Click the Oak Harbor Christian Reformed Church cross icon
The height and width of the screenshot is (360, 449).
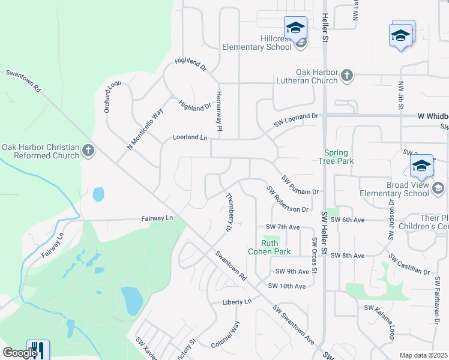(x=88, y=150)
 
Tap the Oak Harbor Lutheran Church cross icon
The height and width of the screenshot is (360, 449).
(x=347, y=75)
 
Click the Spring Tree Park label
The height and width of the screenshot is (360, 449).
(x=339, y=157)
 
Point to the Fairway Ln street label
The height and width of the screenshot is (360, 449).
(x=157, y=219)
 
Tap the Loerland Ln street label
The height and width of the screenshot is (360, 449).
(x=190, y=137)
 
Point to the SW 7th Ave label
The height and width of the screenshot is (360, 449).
(x=282, y=227)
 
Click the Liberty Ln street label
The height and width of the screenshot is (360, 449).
(x=237, y=302)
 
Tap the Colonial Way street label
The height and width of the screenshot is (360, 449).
(x=226, y=335)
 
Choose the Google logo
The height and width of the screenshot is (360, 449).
(x=20, y=352)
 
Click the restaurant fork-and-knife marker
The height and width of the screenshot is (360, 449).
(x=38, y=349)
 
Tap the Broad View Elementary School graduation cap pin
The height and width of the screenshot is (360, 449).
(x=421, y=166)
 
